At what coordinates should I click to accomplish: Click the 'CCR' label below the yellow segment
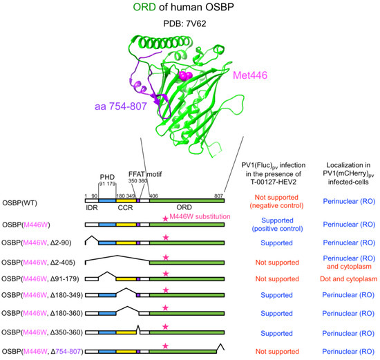(125, 208)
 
